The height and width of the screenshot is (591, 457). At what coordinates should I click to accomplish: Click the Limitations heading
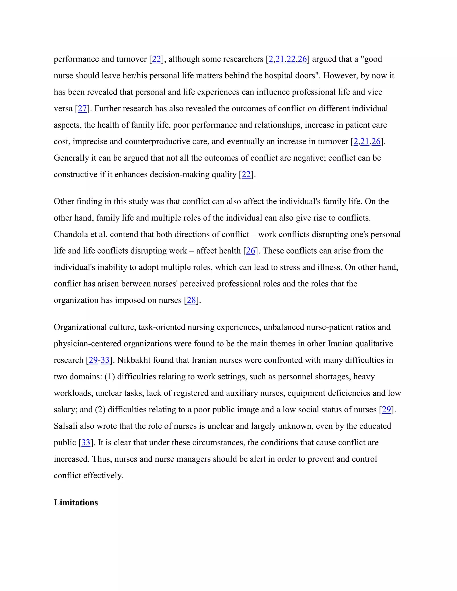tap(76, 502)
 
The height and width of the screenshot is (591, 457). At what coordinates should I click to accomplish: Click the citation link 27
tap(82, 109)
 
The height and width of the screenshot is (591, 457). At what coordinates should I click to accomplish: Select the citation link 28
tap(191, 300)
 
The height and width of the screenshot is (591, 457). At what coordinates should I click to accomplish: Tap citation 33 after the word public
tap(86, 442)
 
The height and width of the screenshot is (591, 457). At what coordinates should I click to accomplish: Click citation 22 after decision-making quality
tap(246, 175)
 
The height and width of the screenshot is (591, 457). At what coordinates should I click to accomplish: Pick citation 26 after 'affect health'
tap(250, 251)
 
